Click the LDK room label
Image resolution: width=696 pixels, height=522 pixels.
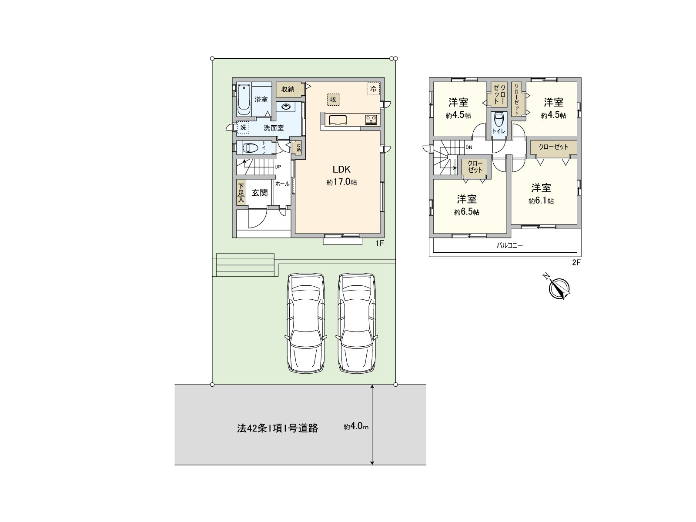pyautogui.click(x=341, y=169)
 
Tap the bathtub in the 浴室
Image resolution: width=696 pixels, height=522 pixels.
pyautogui.click(x=244, y=99)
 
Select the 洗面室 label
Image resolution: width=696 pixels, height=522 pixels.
pyautogui.click(x=274, y=128)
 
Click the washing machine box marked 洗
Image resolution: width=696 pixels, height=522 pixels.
pyautogui.click(x=243, y=127)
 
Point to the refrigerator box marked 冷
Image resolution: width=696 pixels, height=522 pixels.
pyautogui.click(x=373, y=89)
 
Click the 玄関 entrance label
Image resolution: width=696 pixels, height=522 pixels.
pyautogui.click(x=260, y=192)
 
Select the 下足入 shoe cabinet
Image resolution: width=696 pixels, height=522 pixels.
pyautogui.click(x=241, y=192)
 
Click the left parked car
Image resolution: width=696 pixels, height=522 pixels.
pyautogui.click(x=306, y=323)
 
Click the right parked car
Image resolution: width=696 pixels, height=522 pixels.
pyautogui.click(x=357, y=323)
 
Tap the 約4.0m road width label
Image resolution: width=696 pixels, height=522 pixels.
pyautogui.click(x=356, y=427)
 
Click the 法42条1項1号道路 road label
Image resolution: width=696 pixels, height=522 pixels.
pyautogui.click(x=278, y=428)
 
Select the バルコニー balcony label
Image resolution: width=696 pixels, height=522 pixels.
pyautogui.click(x=509, y=245)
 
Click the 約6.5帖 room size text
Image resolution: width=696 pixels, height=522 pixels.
pyautogui.click(x=467, y=212)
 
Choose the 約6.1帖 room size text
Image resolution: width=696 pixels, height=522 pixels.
pyautogui.click(x=541, y=201)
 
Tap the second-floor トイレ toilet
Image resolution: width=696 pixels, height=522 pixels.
pyautogui.click(x=499, y=124)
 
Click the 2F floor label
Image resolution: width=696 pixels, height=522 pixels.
pyautogui.click(x=576, y=262)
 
